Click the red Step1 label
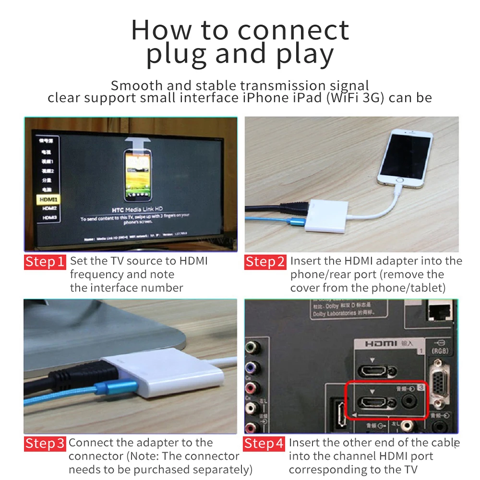tap(45, 262)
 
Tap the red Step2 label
tap(265, 262)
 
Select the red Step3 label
tap(45, 444)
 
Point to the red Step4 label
tap(264, 444)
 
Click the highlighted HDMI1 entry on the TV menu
tap(48, 199)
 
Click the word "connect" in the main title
tap(293, 31)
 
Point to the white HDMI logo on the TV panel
tap(380, 344)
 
